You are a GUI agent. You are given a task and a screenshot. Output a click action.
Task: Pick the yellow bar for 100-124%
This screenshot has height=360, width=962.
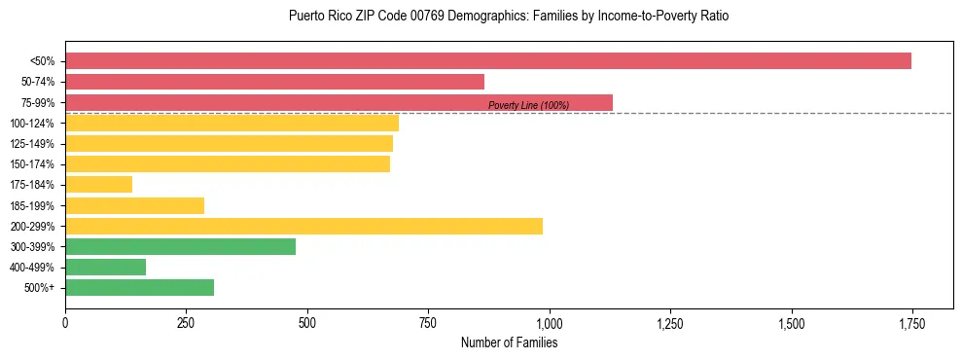(x=232, y=123)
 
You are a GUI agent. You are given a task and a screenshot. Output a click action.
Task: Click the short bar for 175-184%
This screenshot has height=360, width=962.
(x=98, y=184)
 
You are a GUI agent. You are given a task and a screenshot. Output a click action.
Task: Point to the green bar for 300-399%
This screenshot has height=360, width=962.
(x=180, y=246)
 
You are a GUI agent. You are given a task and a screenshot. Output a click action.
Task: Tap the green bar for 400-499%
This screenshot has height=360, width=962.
(x=105, y=267)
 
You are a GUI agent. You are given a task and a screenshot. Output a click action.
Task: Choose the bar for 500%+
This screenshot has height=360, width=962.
(x=139, y=287)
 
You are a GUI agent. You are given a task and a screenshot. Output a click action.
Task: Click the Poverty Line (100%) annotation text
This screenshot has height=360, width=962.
(x=528, y=105)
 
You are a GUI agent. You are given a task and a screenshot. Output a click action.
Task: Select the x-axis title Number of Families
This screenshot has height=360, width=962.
(x=509, y=342)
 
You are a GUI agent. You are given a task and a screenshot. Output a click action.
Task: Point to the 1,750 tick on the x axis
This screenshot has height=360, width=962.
(x=911, y=322)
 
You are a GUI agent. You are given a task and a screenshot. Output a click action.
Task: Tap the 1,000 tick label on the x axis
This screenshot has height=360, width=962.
(x=549, y=322)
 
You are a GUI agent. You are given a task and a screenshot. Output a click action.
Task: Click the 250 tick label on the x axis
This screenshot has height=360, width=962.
(x=186, y=322)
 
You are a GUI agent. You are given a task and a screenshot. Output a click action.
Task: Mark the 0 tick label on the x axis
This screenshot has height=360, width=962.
(x=65, y=322)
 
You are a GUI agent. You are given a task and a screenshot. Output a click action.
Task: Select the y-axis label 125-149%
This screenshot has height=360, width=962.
(x=32, y=144)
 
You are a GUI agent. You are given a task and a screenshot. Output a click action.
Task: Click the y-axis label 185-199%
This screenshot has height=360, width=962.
(x=32, y=205)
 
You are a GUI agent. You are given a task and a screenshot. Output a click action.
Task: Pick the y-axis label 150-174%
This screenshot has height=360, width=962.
(x=32, y=164)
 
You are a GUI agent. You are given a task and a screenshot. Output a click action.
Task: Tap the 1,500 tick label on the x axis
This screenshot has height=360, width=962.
(x=791, y=322)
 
